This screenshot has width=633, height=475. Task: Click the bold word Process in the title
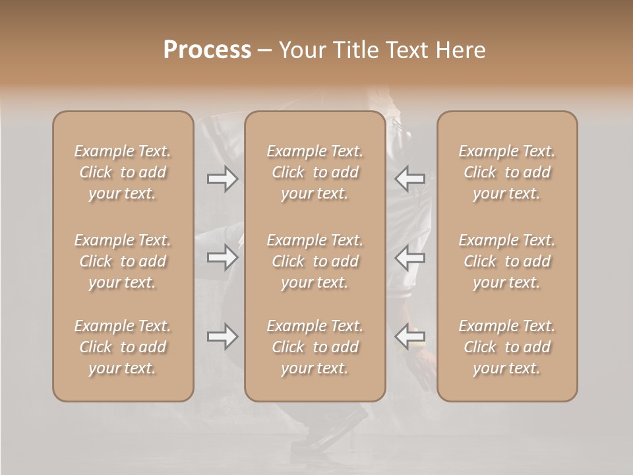tap(207, 50)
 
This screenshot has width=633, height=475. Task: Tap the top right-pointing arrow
tap(223, 179)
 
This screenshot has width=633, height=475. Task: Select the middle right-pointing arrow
tap(223, 257)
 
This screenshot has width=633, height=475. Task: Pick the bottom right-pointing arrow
tap(223, 336)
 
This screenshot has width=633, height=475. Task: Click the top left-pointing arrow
tap(409, 179)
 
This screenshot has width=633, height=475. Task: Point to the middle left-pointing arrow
tap(409, 257)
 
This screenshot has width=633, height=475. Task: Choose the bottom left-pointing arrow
tap(409, 336)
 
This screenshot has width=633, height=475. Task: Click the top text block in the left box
tap(123, 172)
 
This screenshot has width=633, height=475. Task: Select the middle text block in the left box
tap(123, 261)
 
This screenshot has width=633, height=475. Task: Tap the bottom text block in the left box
tap(123, 347)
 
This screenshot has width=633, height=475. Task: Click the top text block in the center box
tap(315, 172)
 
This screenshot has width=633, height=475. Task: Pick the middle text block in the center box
tap(315, 261)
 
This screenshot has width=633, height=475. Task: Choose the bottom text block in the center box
tap(315, 347)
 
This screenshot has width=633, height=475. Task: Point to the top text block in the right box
tap(507, 172)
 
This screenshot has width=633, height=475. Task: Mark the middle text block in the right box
tap(507, 261)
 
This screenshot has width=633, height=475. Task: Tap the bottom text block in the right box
tap(507, 347)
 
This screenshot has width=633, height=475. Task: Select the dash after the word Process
tap(264, 51)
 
